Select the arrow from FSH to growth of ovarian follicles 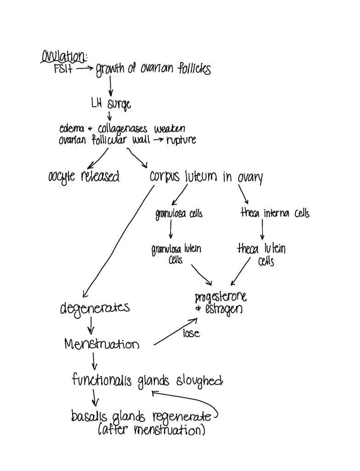(x=85, y=69)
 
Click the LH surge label (x=110, y=105)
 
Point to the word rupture (x=180, y=140)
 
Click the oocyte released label (x=84, y=176)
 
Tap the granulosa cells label (x=179, y=213)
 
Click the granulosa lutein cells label (x=176, y=254)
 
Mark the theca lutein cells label (x=261, y=254)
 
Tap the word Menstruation (x=102, y=344)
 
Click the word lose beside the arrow (x=191, y=333)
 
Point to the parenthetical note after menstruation (x=152, y=431)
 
